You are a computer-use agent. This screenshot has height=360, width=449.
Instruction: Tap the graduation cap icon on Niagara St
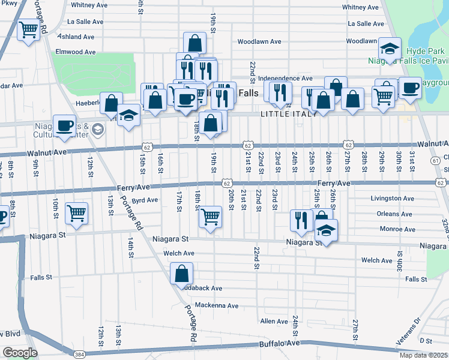click(326, 231)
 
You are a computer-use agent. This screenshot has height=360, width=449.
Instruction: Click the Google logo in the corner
click(20, 353)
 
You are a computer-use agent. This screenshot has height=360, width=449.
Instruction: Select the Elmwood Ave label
click(76, 52)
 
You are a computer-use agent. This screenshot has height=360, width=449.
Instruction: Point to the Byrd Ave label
click(144, 200)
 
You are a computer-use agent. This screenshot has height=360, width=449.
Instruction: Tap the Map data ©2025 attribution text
click(423, 355)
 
